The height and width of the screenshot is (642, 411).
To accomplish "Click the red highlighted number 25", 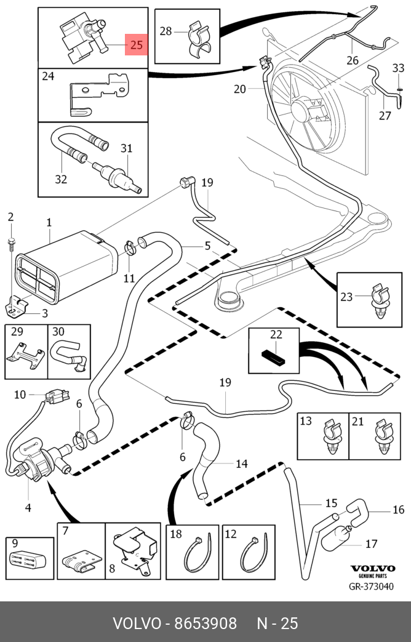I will (137, 45).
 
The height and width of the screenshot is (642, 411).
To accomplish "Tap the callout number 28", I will (166, 31).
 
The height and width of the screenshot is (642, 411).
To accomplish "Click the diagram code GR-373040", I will (372, 587).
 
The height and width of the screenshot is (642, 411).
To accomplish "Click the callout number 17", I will (371, 544).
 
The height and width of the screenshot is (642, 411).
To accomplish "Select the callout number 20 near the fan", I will (239, 89).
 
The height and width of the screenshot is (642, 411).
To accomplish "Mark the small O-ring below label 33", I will (399, 88).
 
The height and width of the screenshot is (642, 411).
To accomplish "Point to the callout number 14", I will (241, 463).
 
